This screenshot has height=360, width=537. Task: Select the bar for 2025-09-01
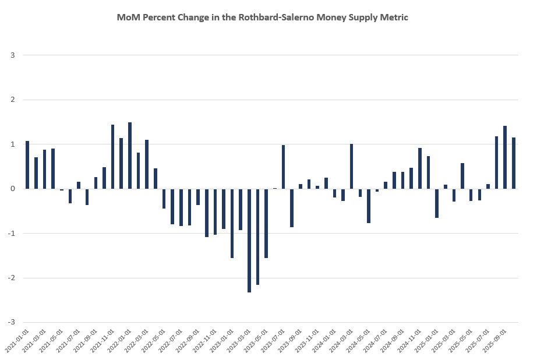tap(505, 157)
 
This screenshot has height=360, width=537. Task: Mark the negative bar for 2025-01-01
tap(437, 203)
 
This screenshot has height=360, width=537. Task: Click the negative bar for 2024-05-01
tap(369, 206)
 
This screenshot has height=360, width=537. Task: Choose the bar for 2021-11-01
tap(112, 157)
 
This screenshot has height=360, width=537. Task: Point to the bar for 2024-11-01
tap(419, 168)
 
